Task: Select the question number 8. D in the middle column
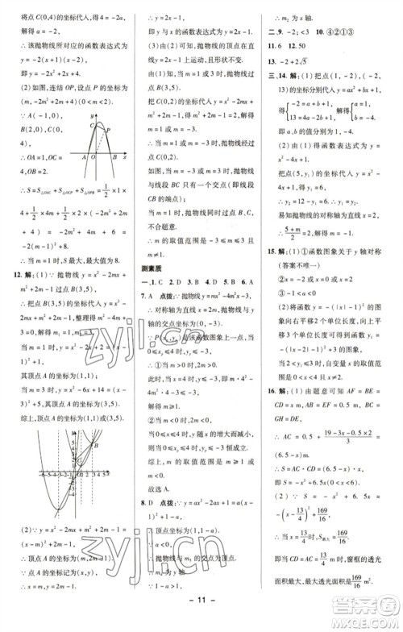150,510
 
